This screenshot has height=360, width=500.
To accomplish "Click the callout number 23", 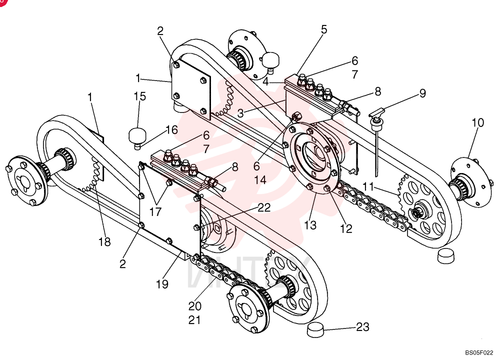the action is click(x=362, y=327).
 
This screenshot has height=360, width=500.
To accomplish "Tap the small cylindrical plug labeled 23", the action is click(x=315, y=329).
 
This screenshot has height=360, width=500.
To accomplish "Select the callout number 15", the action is click(x=139, y=96).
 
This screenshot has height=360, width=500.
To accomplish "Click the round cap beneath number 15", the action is click(x=137, y=136).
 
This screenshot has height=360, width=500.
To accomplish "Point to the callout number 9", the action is click(x=422, y=93).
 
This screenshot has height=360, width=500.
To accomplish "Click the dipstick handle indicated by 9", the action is click(x=377, y=113).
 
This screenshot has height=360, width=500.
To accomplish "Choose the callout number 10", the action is click(x=477, y=122).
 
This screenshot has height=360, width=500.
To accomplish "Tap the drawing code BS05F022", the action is click(x=478, y=352).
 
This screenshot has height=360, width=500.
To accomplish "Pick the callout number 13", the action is click(x=310, y=225).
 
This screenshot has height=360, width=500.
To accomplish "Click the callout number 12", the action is click(x=346, y=228).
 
